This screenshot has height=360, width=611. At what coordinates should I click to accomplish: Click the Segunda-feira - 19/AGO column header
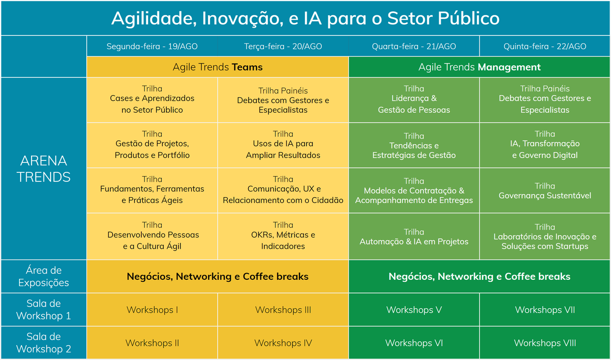pos(152,46)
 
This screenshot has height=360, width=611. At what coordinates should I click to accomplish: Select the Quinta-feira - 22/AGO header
pos(545,46)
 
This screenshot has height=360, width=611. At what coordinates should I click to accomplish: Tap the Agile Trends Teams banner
pos(217,67)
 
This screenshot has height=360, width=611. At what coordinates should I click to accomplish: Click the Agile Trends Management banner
pos(479,67)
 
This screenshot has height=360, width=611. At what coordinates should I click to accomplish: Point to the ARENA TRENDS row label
pos(43,169)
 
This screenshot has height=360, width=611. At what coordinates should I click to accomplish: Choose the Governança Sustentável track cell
pos(545,191)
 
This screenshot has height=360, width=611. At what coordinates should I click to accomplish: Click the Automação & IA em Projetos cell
pos(414,236)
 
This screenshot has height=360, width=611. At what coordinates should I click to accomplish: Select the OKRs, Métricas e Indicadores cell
pos(283,236)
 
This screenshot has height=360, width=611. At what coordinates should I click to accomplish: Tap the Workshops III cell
pos(283,309)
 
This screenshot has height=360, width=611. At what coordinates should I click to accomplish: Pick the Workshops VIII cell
pos(545,343)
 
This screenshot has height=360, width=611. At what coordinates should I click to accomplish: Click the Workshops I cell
pos(152,309)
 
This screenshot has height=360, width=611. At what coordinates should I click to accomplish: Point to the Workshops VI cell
pos(414,343)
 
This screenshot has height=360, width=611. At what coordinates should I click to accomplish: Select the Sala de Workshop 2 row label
pos(43,343)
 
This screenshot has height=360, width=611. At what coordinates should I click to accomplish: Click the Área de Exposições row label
pos(43,276)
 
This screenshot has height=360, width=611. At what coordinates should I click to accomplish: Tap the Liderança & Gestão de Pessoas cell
pos(414,100)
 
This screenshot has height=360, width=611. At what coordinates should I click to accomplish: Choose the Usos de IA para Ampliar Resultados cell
pos(283,145)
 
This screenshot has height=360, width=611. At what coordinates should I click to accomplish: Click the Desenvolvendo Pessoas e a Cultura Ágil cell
pos(152,236)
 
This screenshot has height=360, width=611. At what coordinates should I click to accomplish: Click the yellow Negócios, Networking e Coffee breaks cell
pos(217,276)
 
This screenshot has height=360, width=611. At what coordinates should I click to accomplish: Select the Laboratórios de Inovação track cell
pos(545,236)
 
